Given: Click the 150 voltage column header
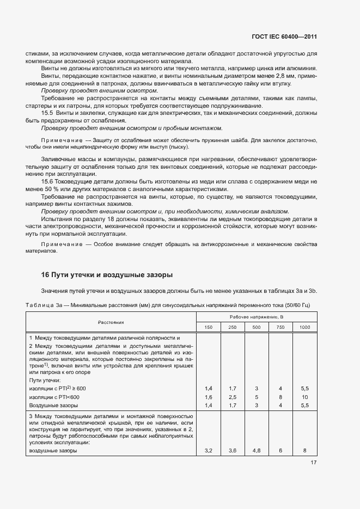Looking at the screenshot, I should [209, 327].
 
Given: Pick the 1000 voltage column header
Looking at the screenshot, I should [304, 327].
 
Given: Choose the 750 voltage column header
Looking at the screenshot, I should [280, 327].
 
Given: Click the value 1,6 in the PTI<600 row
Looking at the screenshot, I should [209, 397].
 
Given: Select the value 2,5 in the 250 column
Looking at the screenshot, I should [233, 397].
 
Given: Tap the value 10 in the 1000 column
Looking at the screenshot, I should [304, 397].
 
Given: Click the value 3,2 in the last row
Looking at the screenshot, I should [209, 451].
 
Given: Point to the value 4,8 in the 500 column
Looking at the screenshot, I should [257, 451].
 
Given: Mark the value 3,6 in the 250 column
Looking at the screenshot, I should [233, 451].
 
